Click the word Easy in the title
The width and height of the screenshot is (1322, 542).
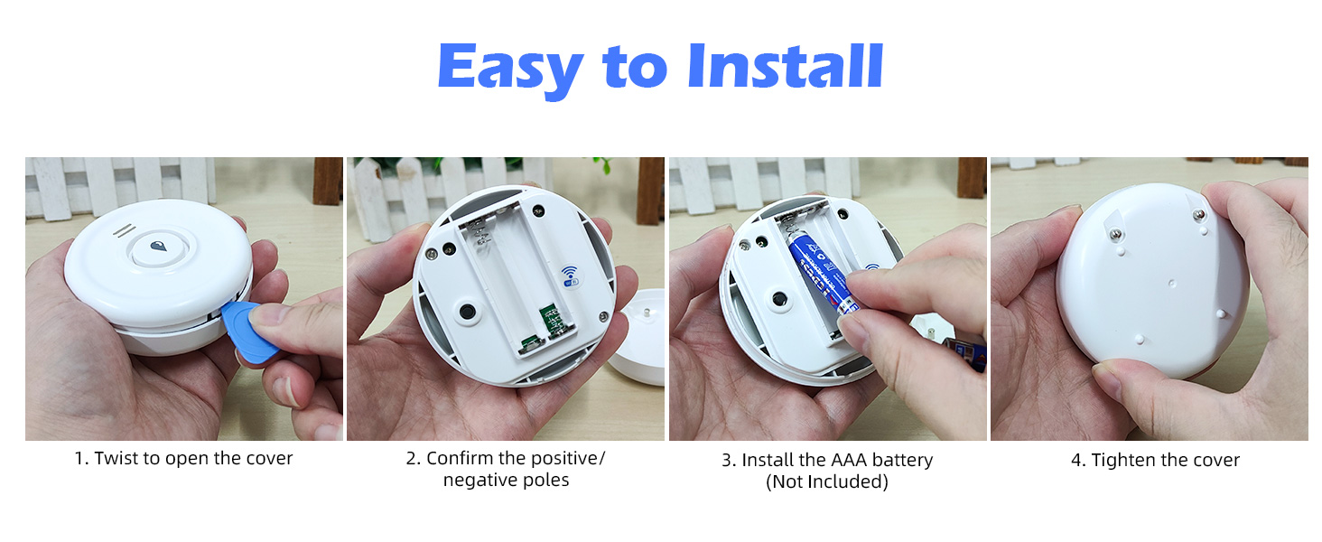tap(509, 67)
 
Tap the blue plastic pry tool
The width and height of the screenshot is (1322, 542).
tap(247, 331)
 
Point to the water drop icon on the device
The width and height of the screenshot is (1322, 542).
tap(159, 247)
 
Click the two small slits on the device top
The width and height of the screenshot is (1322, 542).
tap(124, 230)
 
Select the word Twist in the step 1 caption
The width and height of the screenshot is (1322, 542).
tap(116, 459)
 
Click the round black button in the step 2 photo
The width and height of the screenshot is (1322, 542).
tap(467, 313)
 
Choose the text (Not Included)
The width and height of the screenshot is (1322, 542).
tap(827, 482)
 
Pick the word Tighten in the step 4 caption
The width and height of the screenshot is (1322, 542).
tap(1123, 461)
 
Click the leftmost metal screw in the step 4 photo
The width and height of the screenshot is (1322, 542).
tap(1116, 232)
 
